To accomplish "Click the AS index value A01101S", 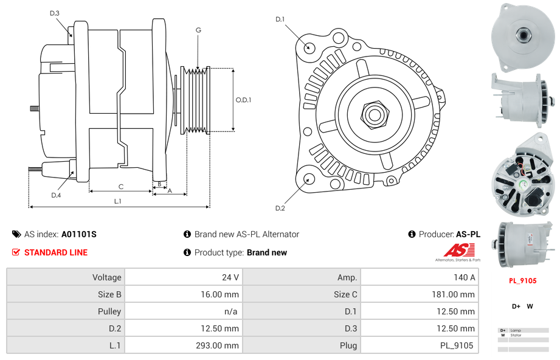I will coord(79,234).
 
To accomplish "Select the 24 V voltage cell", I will coord(230,277).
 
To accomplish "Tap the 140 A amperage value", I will coord(465,277).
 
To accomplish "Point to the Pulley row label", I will coord(109,311).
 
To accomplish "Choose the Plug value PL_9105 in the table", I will coord(457,345).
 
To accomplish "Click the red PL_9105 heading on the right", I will coord(522,281).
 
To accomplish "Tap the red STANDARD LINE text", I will coord(56,252).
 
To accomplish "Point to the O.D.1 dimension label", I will coord(243,100).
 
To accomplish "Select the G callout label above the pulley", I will coord(198,30).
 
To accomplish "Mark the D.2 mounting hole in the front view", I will coord(309,179).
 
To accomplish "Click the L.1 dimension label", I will coord(118,201).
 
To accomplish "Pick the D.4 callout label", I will coord(56,195).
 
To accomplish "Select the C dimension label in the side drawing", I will coord(120,186).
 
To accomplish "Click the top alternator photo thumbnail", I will coord(523,34).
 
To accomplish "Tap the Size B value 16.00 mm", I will coord(221,294).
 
